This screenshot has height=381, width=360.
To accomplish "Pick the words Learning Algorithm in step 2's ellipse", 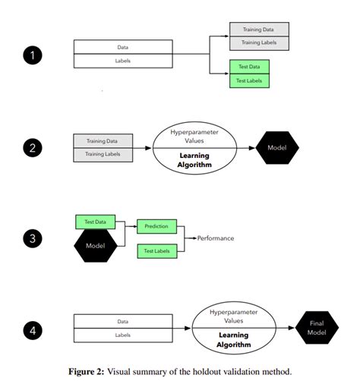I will (194, 161).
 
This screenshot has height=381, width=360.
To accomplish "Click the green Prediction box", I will (157, 226).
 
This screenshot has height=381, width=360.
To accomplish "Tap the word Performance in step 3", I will (216, 238).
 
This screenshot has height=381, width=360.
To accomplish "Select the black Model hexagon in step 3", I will (94, 247).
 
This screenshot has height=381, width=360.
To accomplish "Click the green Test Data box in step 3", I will (94, 222).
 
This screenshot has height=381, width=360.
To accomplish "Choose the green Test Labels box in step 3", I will (157, 250).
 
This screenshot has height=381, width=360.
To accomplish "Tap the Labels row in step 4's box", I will (122, 335).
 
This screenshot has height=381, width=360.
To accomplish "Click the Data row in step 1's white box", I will (122, 47).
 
